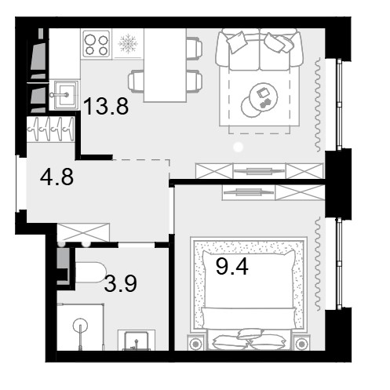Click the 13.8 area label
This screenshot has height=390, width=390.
106,106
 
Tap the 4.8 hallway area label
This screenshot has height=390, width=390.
56,177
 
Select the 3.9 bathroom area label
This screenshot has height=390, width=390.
120,283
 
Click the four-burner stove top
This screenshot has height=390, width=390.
97,44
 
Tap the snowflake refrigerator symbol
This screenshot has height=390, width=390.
128,44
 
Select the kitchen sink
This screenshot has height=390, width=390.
64,95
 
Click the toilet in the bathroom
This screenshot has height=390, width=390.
90,272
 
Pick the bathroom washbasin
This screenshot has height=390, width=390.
137,340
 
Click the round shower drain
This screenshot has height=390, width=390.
80,326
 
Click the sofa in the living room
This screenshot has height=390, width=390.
259,49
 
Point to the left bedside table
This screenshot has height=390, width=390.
196,342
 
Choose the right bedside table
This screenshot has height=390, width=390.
301,342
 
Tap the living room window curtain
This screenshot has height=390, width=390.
318,105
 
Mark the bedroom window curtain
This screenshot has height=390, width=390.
318,264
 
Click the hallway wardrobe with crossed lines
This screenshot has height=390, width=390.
83,232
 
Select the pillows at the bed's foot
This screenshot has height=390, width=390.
249,339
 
